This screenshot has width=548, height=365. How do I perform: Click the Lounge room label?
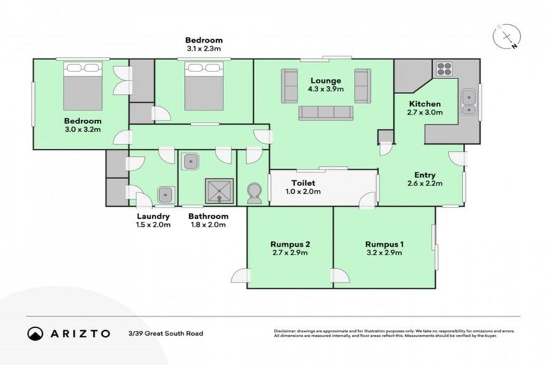pyautogui.click(x=325, y=80)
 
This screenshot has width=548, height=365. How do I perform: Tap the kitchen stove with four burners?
pyautogui.click(x=445, y=69)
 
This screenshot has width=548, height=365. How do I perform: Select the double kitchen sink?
pyautogui.click(x=468, y=101)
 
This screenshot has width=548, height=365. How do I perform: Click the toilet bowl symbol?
pyautogui.click(x=254, y=192)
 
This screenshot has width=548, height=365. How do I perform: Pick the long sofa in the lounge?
pyautogui.click(x=325, y=111)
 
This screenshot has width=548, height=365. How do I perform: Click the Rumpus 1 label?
pyautogui.click(x=384, y=245)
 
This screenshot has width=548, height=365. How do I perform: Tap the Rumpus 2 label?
pyautogui.click(x=290, y=245)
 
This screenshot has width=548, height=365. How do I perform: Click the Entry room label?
pyautogui.click(x=425, y=175)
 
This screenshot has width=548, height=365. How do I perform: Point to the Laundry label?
pyautogui.click(x=153, y=216)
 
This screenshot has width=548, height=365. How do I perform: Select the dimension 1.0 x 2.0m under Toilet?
pyautogui.click(x=303, y=191)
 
